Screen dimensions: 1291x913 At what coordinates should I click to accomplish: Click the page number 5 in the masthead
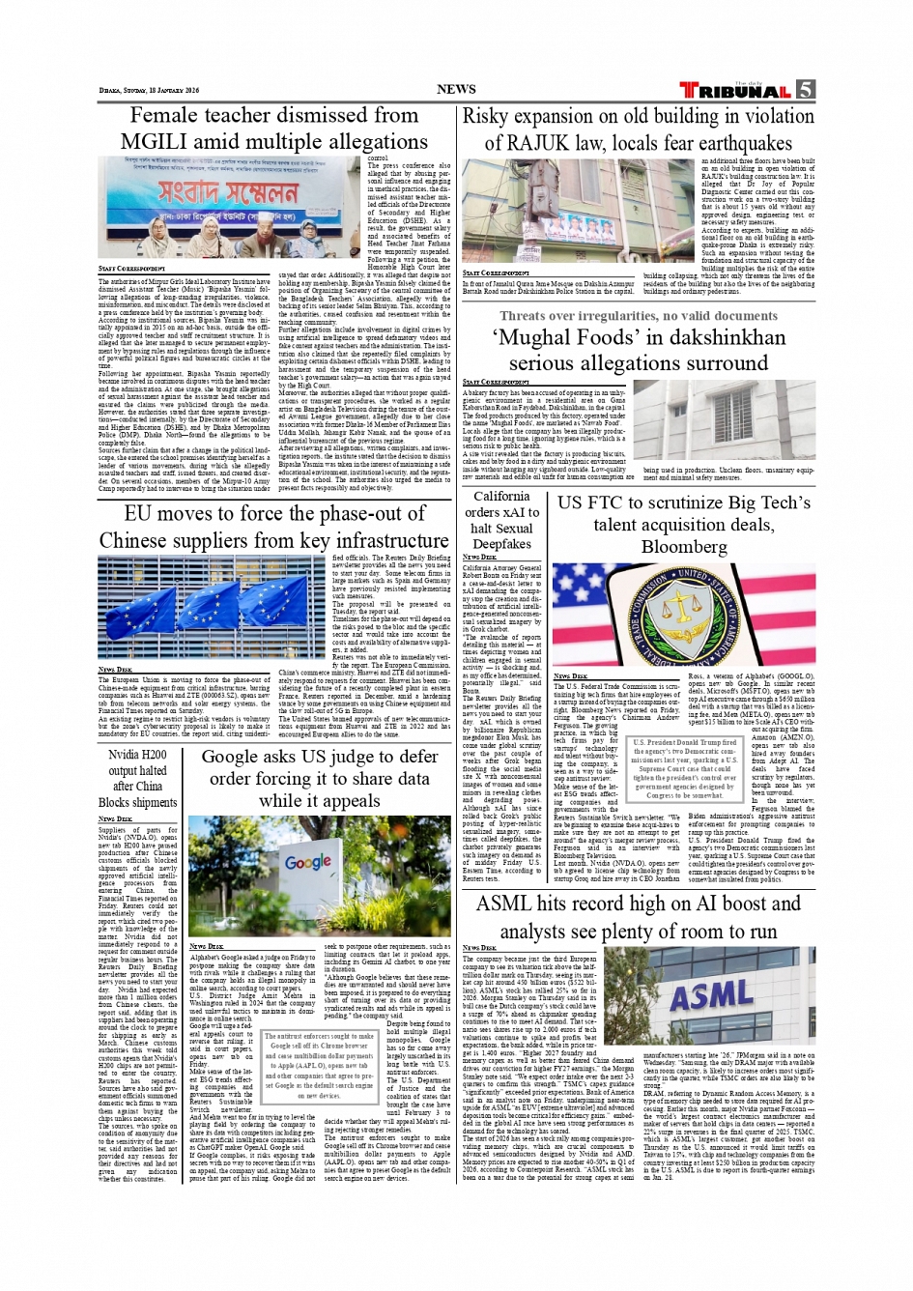coord(805,90)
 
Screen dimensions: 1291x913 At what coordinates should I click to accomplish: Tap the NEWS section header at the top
coord(456,89)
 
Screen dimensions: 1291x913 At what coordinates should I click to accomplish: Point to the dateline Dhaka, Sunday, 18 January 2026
coord(149,91)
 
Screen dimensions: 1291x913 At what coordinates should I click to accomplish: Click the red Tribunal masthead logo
coord(735,91)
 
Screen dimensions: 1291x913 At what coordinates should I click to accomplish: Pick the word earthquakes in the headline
coord(730,142)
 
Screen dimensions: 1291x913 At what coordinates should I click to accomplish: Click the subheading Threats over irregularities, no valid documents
coord(639,316)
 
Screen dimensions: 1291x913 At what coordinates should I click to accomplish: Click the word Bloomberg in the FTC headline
coord(684,547)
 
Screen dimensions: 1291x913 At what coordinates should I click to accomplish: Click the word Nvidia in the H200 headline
coord(124,755)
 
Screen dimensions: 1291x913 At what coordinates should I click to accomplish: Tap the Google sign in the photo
coord(308,862)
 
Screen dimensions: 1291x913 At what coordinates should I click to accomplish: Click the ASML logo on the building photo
coord(711,996)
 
